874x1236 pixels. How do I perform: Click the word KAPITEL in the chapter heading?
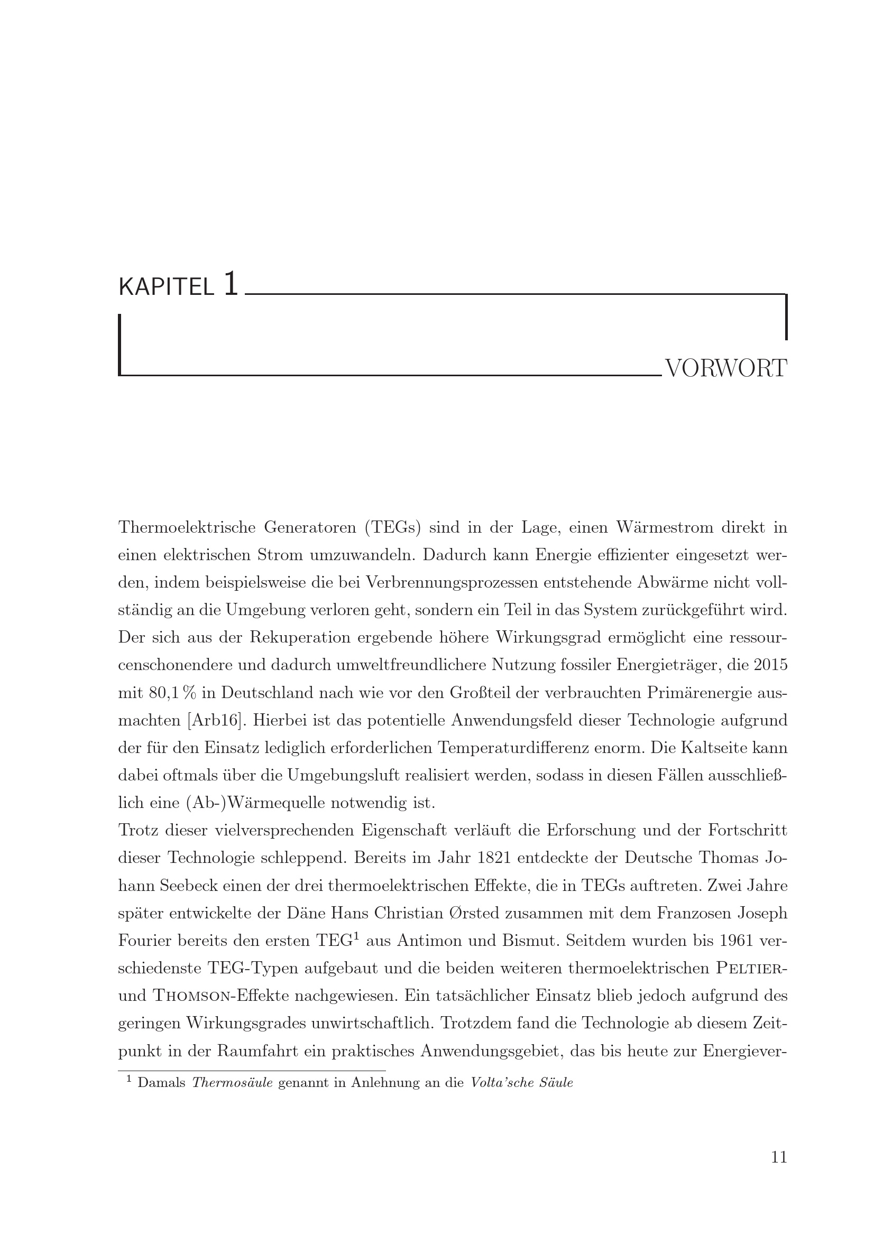pyautogui.click(x=166, y=287)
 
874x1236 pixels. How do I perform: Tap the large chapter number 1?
pyautogui.click(x=231, y=283)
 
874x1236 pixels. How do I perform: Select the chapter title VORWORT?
pyautogui.click(x=726, y=369)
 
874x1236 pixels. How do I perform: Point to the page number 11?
pyautogui.click(x=779, y=1172)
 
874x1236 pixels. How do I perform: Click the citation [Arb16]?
pyautogui.click(x=214, y=720)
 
